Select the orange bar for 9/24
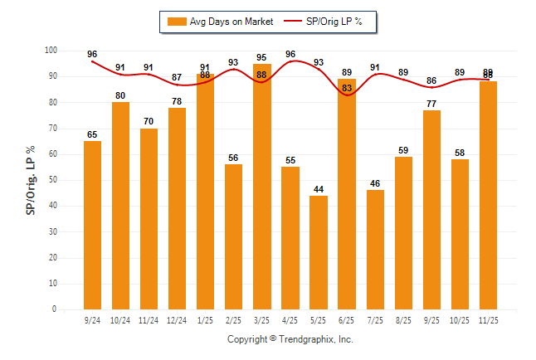92,225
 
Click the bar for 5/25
319,252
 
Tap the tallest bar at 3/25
262,187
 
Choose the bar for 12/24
177,208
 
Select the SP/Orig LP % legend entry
329,21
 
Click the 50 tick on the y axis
53,180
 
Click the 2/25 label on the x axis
234,319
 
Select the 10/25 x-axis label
460,319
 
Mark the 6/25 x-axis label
347,319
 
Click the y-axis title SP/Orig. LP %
32,180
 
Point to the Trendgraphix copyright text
290,339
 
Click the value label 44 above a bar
319,190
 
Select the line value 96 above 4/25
290,54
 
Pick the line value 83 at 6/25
347,88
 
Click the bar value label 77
431,105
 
